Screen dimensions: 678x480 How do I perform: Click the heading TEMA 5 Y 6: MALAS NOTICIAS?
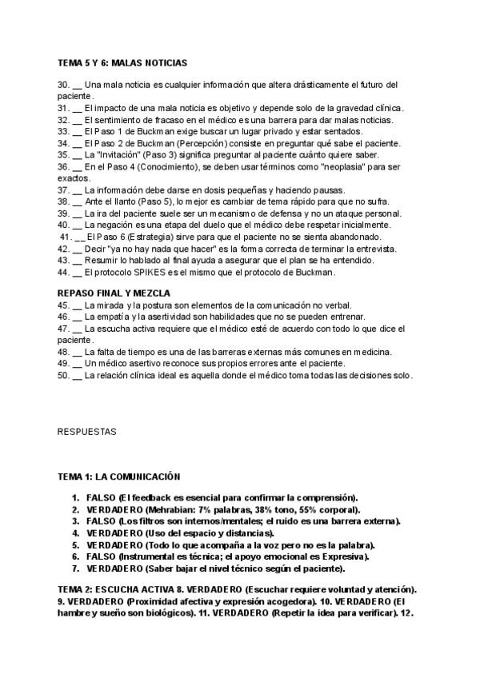(122, 62)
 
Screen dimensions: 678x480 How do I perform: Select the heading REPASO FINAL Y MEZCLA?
(114, 293)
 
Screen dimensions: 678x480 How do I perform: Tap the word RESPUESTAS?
(86, 432)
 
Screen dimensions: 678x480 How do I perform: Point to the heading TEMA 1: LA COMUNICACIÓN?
(118, 477)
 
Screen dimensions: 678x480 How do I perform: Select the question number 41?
(66, 237)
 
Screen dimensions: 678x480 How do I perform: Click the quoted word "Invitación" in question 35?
(109, 154)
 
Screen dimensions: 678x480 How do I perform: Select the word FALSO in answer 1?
(100, 497)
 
